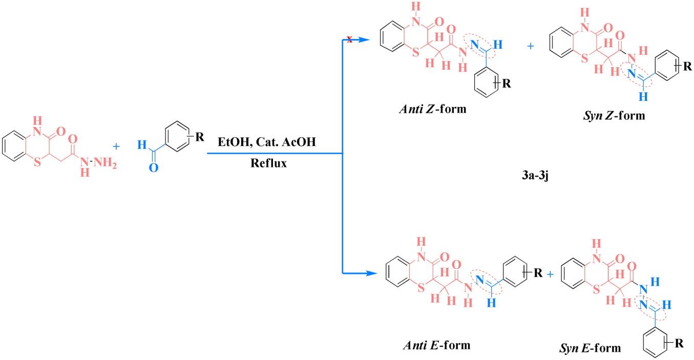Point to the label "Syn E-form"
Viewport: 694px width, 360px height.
(590, 348)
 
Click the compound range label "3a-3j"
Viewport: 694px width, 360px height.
(535, 179)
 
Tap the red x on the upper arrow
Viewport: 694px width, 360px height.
(349, 39)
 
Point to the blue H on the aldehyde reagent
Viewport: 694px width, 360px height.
(141, 145)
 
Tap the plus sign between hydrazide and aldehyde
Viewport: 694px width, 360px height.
(116, 146)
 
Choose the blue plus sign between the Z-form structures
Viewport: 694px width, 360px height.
(530, 47)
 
